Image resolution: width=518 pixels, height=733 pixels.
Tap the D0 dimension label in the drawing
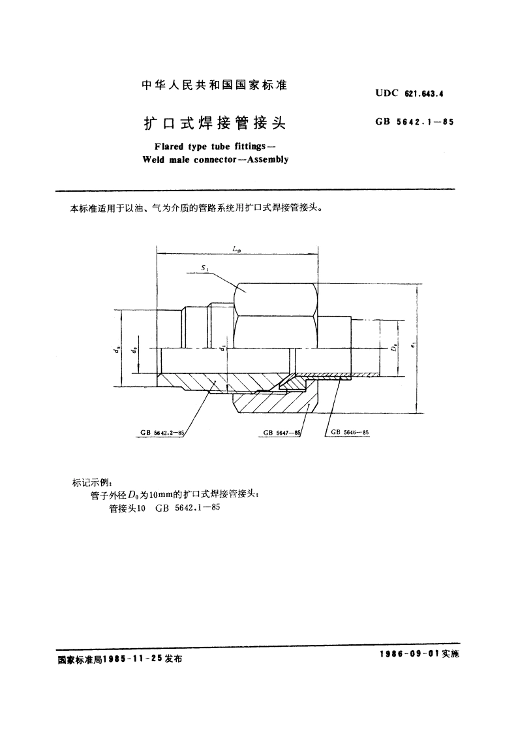pyautogui.click(x=393, y=349)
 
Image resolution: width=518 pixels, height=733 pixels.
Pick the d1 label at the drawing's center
pyautogui.click(x=223, y=350)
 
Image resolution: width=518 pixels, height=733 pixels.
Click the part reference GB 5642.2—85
pyautogui.click(x=163, y=432)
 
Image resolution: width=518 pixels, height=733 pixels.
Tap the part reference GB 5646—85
pyautogui.click(x=350, y=432)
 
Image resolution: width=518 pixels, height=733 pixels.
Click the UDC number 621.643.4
pyautogui.click(x=425, y=93)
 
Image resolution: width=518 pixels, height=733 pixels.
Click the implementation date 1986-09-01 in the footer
pyautogui.click(x=408, y=654)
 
